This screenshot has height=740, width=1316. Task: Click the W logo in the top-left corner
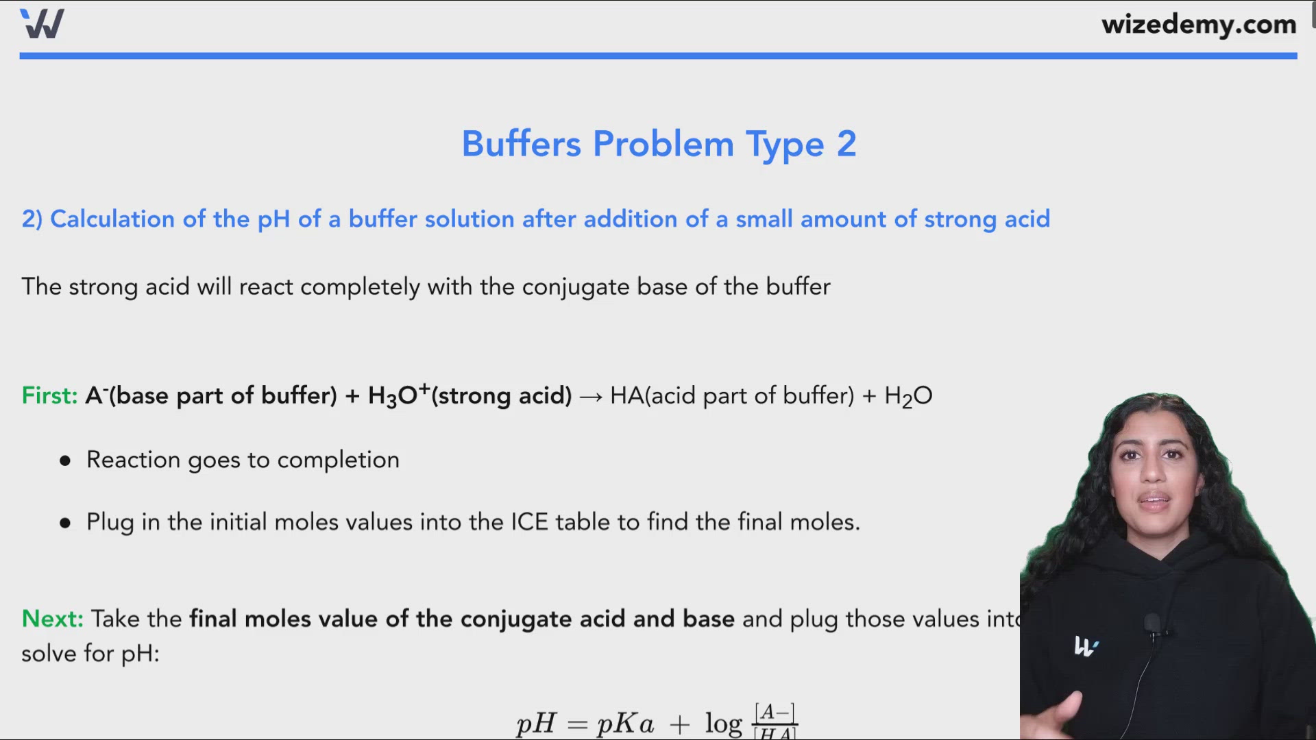tap(42, 24)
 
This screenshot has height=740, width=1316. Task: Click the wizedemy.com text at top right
tap(1198, 25)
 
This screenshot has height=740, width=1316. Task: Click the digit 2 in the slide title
tap(846, 144)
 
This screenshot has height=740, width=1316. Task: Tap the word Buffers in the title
tap(521, 144)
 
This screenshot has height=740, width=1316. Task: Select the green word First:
tap(49, 395)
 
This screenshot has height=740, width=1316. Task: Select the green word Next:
tap(52, 619)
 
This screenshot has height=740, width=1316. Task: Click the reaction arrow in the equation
tap(590, 397)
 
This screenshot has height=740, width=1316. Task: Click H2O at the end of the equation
tap(908, 396)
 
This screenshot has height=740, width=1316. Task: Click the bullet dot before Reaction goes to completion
tap(65, 460)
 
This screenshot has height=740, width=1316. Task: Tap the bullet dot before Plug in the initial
tap(65, 523)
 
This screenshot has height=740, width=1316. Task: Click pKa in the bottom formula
tap(625, 724)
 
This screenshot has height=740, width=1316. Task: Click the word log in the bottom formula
tap(723, 724)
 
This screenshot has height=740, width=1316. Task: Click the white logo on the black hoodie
tap(1085, 646)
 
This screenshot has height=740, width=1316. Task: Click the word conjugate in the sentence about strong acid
tap(575, 287)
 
